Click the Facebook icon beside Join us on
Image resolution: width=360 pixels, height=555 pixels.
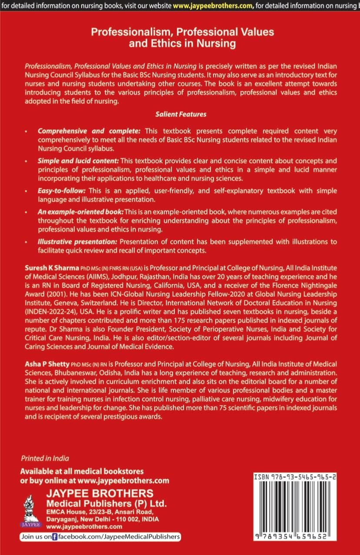click(55, 537)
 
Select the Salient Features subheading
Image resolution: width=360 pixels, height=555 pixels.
click(181, 114)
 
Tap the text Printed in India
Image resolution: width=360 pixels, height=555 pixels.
click(45, 458)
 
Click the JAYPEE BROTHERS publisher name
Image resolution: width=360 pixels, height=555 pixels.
click(100, 493)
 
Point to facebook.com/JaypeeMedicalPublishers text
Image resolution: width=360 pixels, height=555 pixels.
click(119, 537)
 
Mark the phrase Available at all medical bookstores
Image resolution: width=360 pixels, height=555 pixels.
click(82, 471)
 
